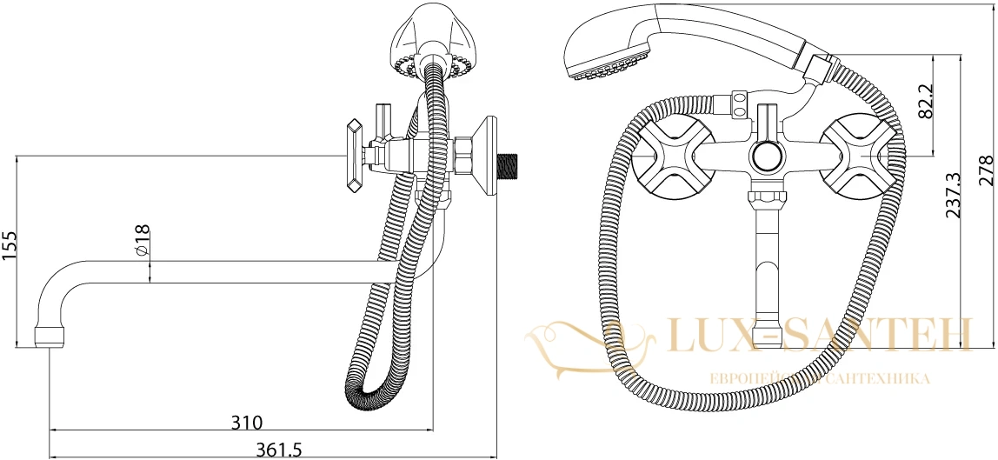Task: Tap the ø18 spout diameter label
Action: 143,241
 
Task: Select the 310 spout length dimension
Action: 247,422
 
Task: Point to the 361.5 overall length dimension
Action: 278,450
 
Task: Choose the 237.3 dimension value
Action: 952,196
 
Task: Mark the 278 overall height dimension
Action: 985,170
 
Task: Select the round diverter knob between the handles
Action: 767,157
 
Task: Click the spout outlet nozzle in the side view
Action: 49,337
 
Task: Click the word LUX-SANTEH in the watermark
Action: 819,336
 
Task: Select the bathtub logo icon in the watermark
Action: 589,347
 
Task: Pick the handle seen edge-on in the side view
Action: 355,156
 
